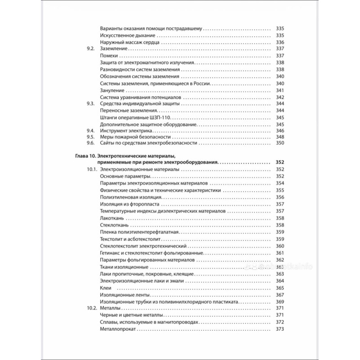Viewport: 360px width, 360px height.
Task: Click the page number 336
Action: click(280, 42)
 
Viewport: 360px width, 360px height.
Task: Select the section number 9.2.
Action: click(90, 49)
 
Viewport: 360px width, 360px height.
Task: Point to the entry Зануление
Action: click(112, 90)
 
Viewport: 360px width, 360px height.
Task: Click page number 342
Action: click(280, 97)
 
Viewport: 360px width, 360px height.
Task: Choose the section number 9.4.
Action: click(90, 130)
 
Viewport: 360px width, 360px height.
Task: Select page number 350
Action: click(280, 143)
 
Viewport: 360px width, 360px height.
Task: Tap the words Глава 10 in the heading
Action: click(85, 155)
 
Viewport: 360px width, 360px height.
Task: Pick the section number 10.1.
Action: click(92, 169)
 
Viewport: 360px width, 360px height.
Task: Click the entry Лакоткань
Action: click(114, 218)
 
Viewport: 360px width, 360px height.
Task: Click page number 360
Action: click(280, 246)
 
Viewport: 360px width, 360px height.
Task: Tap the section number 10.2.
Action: click(92, 309)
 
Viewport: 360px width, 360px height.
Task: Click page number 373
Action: click(280, 329)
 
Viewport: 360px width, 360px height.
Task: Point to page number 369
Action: click(280, 301)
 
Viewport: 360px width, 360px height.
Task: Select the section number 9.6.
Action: click(90, 143)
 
